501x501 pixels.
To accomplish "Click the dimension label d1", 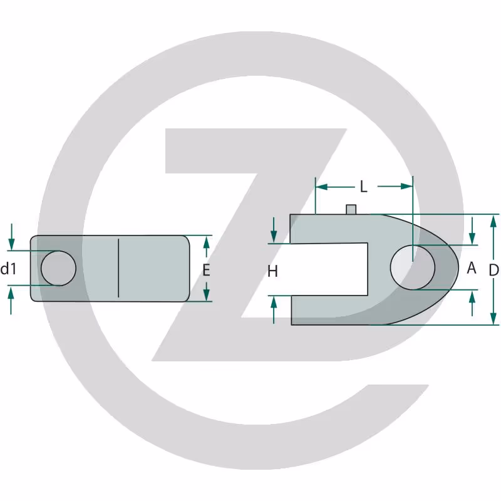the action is point(8,269).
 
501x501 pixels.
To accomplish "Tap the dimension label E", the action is point(207,271).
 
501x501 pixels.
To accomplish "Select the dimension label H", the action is point(272,271).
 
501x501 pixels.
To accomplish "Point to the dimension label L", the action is point(364,186).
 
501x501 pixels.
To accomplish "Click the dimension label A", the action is point(472,268).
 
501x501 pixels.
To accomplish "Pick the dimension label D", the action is point(493,271).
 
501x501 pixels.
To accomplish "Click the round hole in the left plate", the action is point(58,268).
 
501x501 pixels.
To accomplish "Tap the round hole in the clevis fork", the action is point(413,267).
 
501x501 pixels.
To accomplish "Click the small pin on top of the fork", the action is point(351,209).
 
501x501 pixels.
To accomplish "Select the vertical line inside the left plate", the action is point(118,268).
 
